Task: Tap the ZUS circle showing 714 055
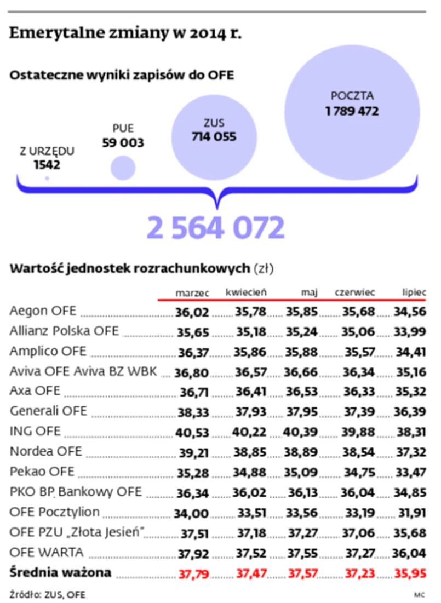(x=214, y=137)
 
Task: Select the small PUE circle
(x=123, y=168)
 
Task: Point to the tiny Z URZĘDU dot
(x=47, y=178)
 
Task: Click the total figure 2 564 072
(x=216, y=228)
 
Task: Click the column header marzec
(x=192, y=293)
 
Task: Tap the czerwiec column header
(x=355, y=293)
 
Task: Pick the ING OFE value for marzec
(x=192, y=432)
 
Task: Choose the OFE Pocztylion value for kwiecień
(x=250, y=512)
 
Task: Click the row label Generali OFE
(x=48, y=411)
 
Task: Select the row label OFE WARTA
(x=47, y=552)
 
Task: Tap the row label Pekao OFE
(x=42, y=472)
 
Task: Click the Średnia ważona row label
(x=60, y=573)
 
